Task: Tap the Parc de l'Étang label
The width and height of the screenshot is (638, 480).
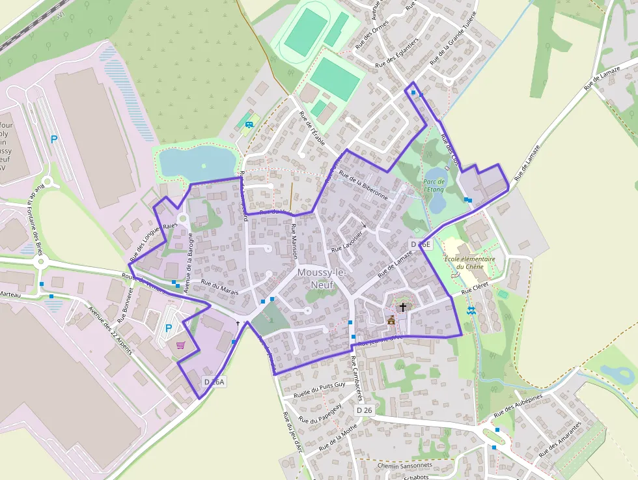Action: [434, 186]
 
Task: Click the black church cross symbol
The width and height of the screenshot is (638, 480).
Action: [403, 307]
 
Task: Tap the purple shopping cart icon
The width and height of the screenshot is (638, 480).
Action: [180, 345]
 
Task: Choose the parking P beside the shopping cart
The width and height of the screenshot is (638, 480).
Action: [169, 328]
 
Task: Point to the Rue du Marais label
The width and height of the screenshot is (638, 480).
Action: [220, 287]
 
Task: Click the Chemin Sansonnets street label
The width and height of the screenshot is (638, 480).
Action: [404, 466]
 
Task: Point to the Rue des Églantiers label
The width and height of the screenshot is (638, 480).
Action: [397, 53]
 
